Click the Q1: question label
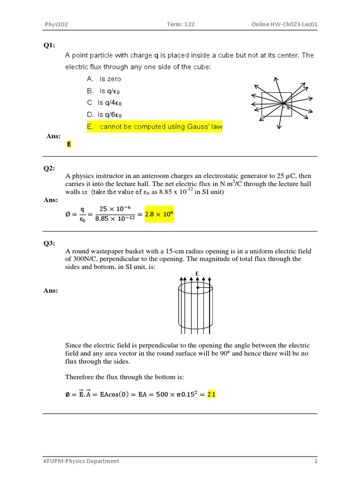tap(49, 45)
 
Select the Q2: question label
tap(49, 168)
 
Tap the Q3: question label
tap(49, 243)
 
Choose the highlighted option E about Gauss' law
tap(154, 127)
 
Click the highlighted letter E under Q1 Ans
tap(69, 144)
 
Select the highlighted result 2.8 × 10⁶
tap(159, 214)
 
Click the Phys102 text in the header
tap(56, 24)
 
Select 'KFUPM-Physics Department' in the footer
tap(81, 461)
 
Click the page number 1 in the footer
tap(315, 461)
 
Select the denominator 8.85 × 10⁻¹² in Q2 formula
tap(115, 218)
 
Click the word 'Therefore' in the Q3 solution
tap(80, 377)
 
